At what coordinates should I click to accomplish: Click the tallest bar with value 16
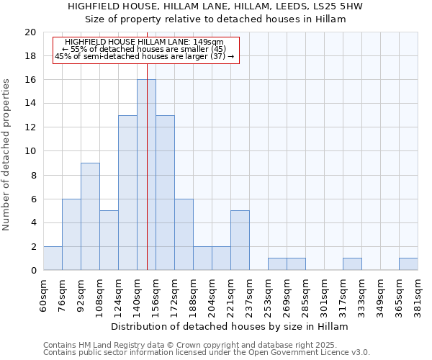146,175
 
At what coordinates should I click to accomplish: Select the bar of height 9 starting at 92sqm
90,217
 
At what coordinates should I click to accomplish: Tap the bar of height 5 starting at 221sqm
240,240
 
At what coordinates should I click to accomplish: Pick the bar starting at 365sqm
408,264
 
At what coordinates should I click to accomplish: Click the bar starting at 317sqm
352,264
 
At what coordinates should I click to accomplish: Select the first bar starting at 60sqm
53,258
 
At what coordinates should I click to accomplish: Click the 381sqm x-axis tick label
418,293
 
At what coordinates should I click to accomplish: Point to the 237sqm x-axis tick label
249,293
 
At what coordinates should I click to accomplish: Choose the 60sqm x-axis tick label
43,292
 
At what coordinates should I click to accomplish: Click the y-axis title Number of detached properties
6,155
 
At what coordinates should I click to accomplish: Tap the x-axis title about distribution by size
230,327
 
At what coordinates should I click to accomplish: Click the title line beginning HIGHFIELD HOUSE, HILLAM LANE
215,6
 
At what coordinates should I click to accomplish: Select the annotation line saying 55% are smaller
144,49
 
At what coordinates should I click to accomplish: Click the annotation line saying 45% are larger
144,56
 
